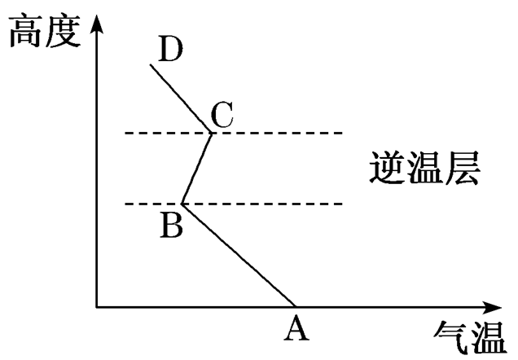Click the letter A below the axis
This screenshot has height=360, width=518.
(296, 329)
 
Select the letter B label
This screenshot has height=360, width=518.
(170, 224)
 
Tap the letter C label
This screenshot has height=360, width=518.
(222, 116)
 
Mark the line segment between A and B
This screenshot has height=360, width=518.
(238, 255)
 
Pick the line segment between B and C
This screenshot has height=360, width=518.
(197, 168)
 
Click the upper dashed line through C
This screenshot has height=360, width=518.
(277, 132)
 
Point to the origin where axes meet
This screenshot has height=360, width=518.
(97, 307)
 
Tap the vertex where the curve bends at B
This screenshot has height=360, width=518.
(182, 204)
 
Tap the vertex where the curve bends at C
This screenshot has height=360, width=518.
(212, 132)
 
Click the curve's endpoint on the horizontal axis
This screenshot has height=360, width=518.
(294, 306)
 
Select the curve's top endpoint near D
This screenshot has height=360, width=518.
(151, 64)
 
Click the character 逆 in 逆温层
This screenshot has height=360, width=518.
(381, 168)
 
